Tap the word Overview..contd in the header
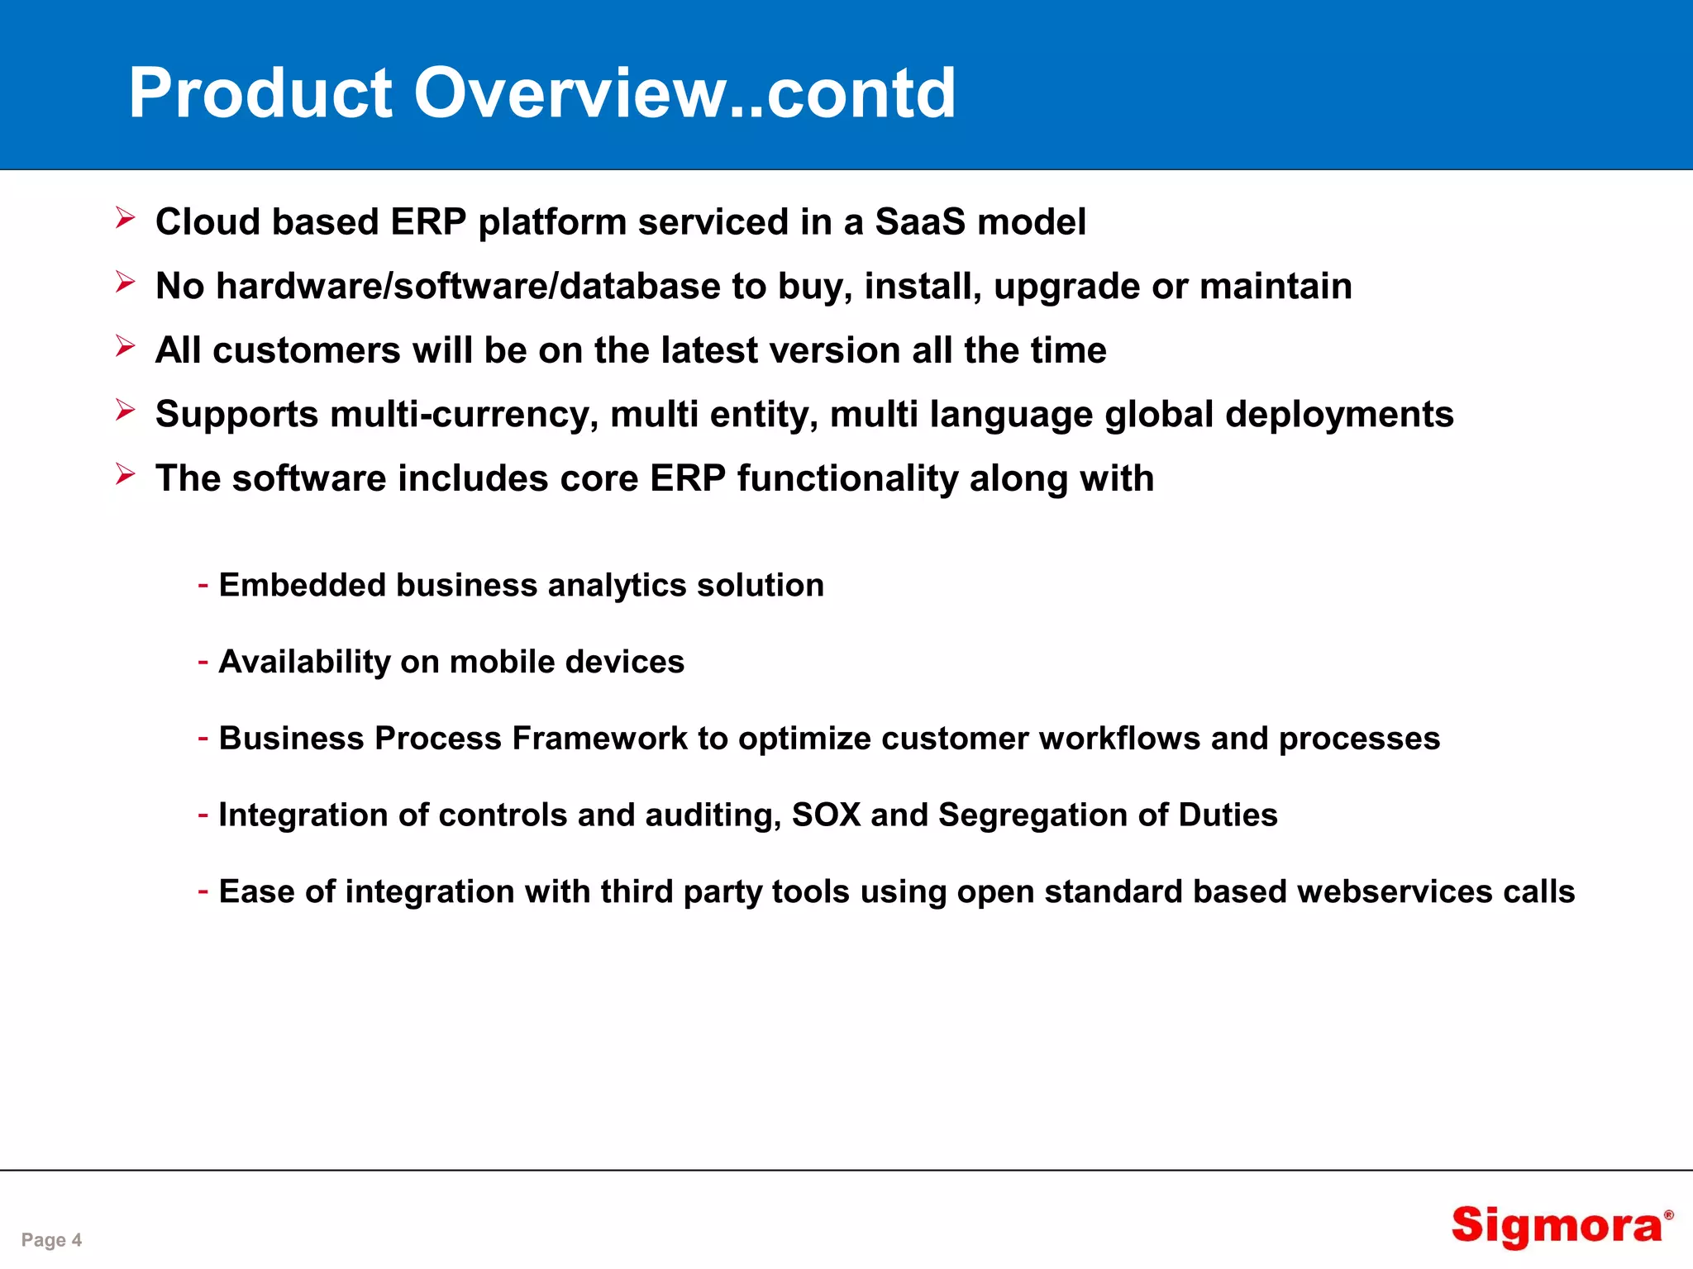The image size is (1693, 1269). click(684, 93)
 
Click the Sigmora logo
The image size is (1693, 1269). click(1559, 1225)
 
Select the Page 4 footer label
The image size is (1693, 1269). click(51, 1239)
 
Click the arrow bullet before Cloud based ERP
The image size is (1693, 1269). click(125, 218)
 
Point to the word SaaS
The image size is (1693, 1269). click(919, 221)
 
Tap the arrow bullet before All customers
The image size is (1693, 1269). click(125, 346)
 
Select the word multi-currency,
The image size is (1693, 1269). click(464, 414)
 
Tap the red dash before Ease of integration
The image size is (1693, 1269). click(203, 891)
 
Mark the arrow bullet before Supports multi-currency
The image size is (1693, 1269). click(125, 410)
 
